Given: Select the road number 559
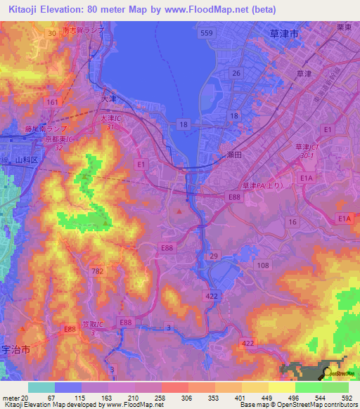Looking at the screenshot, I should pos(206,33).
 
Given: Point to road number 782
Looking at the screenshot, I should pos(98,271).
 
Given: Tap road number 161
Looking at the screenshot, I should pos(52,102).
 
